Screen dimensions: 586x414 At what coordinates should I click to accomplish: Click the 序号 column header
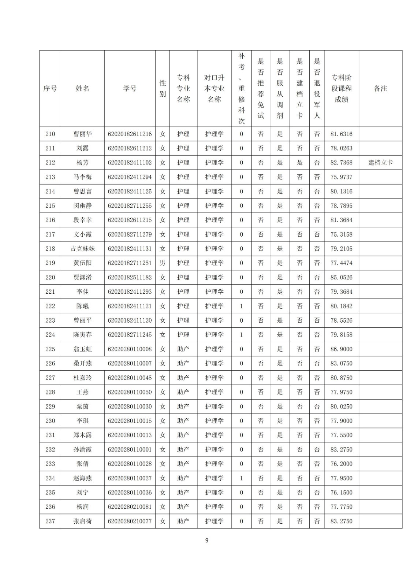coord(50,89)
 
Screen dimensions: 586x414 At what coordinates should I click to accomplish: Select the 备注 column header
coord(380,89)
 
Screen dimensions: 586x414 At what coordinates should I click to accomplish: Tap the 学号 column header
coord(130,89)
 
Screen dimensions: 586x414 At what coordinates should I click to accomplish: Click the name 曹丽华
coord(82,134)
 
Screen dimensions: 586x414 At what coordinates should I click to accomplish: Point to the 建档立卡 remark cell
coord(380,163)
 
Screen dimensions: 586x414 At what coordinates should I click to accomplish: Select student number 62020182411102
coord(130,163)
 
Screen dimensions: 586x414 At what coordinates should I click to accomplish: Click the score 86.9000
coord(341,349)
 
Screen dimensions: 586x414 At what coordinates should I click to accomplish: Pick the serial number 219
coord(50,263)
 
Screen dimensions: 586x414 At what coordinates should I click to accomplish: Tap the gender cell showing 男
coord(163,263)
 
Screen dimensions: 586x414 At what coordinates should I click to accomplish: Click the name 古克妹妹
coord(82,249)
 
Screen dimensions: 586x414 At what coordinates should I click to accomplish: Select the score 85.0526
coord(341,277)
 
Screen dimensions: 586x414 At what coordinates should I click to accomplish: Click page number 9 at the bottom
coord(207,540)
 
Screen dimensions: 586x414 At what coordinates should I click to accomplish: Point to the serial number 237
coord(50,521)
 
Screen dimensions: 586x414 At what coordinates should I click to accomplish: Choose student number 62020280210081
coord(130,507)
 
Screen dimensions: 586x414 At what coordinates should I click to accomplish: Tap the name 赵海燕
coord(82,478)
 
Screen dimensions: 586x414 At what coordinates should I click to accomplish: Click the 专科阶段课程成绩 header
coord(341,89)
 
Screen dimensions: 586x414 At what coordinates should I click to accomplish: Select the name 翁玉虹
coord(82,349)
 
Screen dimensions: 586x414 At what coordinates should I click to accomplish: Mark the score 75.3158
coord(341,234)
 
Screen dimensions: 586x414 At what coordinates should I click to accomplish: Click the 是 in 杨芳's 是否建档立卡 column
coord(299,163)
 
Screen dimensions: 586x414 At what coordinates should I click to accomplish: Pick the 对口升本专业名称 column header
coord(214,89)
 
